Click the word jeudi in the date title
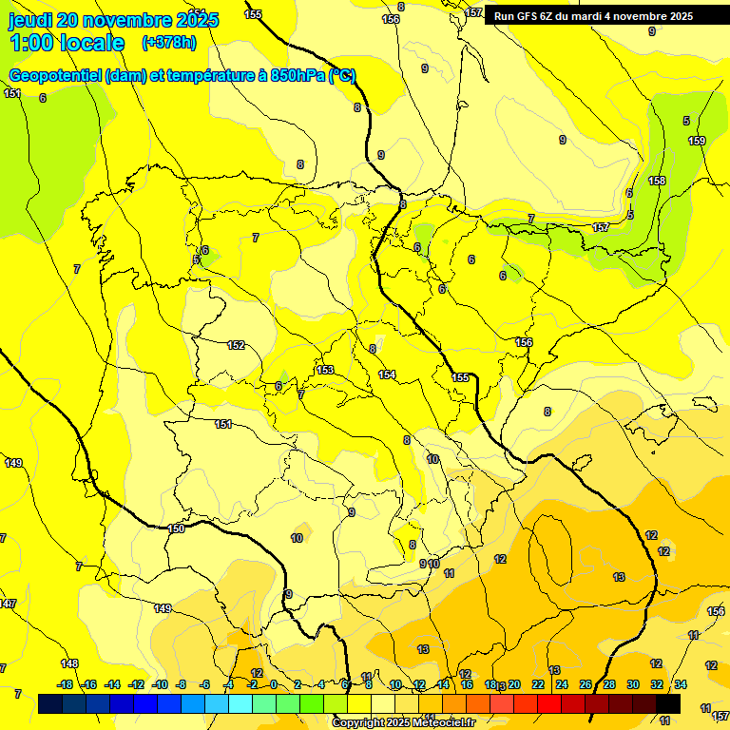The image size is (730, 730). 30,20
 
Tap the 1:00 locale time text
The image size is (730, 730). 67,43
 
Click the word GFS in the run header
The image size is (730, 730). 526,16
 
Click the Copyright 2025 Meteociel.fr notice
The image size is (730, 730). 404,723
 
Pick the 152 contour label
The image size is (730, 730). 236,345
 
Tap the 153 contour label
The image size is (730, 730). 325,370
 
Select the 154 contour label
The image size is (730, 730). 386,375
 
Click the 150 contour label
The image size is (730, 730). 176,528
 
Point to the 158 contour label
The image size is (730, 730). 657,181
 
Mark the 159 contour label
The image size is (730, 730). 697,142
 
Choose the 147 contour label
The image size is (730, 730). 8,604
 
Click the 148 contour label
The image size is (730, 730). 69,663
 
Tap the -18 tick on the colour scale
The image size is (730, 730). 65,684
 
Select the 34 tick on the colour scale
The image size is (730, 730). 681,684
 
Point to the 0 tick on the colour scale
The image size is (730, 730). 273,684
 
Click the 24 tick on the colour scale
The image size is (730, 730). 562,684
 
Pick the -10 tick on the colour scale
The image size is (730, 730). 160,684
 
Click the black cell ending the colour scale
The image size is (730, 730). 669,704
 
